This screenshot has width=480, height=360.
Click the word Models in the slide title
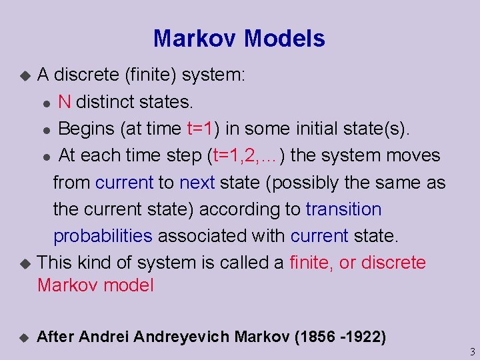(x=285, y=38)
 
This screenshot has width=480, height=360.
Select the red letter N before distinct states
(x=65, y=102)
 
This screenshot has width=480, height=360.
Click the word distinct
(x=104, y=102)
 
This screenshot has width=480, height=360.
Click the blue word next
(x=197, y=182)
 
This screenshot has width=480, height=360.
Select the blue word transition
(x=343, y=209)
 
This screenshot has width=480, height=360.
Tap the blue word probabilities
(x=103, y=235)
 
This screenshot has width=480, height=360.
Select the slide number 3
(x=471, y=351)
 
